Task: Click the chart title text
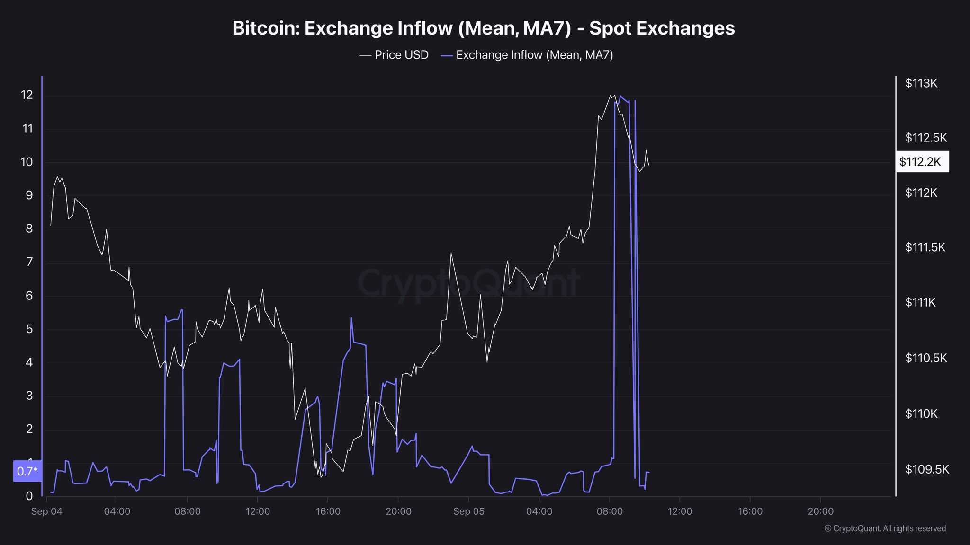(x=483, y=28)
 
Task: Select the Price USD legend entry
(x=395, y=55)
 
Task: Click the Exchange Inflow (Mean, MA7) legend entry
(x=527, y=55)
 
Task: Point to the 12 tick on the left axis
(x=27, y=95)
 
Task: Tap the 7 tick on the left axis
(x=29, y=262)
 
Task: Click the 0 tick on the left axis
(x=29, y=496)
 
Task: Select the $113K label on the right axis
(x=921, y=83)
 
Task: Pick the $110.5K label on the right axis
(x=926, y=358)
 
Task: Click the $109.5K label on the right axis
(x=927, y=469)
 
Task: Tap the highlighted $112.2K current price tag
(x=922, y=162)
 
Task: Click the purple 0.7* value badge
(x=27, y=471)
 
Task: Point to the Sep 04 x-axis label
(x=46, y=511)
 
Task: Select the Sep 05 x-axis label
(x=468, y=511)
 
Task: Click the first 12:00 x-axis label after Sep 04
(x=258, y=511)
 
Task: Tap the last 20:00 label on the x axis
(x=820, y=511)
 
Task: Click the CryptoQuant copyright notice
(x=885, y=528)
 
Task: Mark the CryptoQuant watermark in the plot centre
(x=468, y=283)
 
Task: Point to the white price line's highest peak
(x=611, y=95)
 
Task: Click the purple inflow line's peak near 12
(x=620, y=96)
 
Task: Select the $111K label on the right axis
(x=920, y=302)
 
